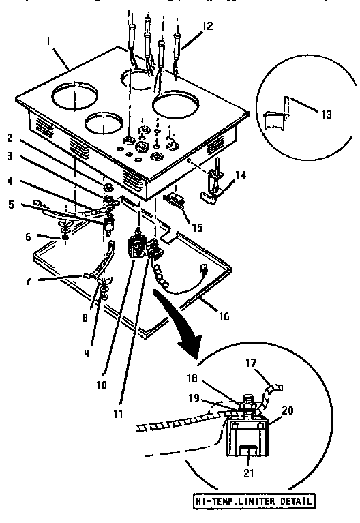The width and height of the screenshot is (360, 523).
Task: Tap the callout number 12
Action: coord(207,26)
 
